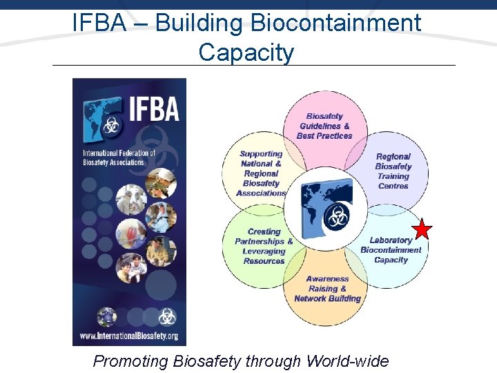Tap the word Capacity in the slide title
point(246,52)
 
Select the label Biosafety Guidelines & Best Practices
point(324,126)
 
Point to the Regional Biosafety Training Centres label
point(393,171)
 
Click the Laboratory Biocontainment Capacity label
point(391,250)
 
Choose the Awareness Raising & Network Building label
point(327,289)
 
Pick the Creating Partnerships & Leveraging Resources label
point(264,247)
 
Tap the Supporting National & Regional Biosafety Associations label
point(261,173)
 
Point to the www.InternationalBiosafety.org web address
point(129,336)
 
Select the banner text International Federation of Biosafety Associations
point(119,157)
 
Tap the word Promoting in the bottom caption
point(131,361)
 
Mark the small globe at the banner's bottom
point(106,317)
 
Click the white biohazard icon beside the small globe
point(167,316)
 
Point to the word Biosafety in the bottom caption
point(207,361)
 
